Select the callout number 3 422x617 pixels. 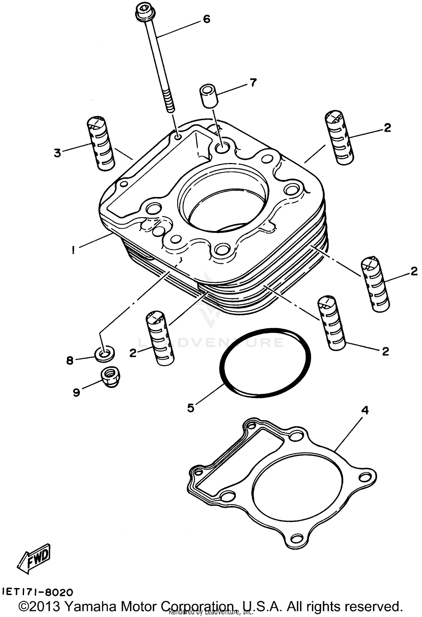(x=57, y=153)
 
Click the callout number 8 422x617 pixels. (x=70, y=360)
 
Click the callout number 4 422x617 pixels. (x=365, y=410)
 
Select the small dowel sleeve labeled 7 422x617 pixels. (x=208, y=96)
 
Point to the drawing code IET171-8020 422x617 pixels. (x=38, y=592)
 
